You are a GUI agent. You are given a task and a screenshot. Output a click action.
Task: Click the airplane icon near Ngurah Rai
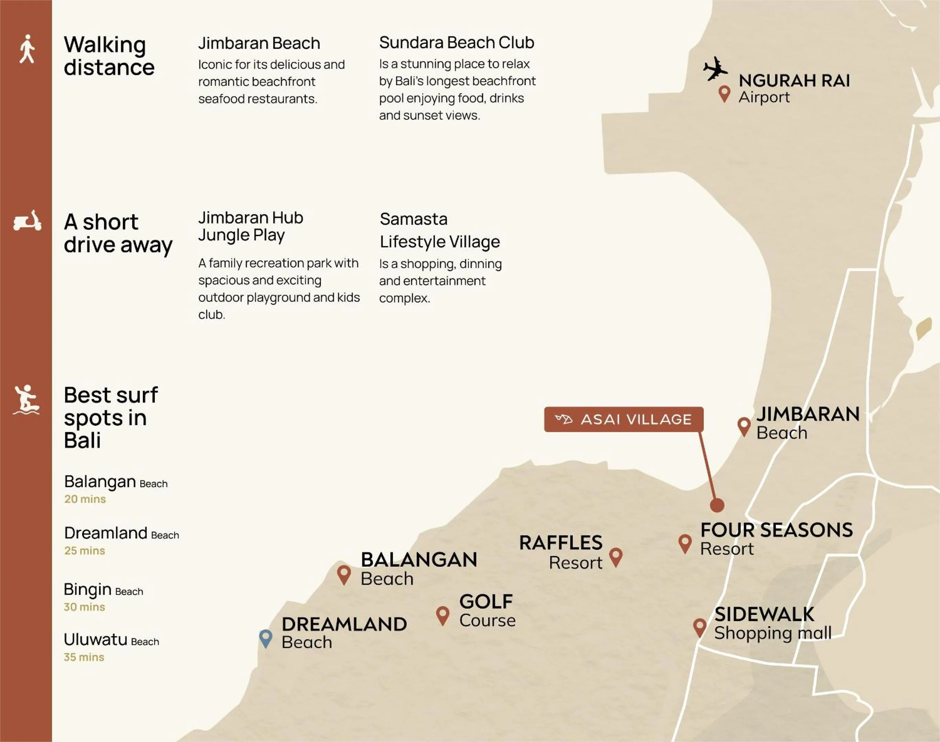point(715,69)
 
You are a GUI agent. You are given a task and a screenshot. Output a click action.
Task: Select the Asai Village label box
point(623,419)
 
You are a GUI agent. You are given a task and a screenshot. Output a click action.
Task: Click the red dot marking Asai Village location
point(717,505)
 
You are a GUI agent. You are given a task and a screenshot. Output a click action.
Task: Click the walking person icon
point(27,49)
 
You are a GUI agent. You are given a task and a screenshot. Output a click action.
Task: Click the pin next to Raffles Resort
point(616,556)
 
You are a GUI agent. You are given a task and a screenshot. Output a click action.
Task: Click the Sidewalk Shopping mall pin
point(700,627)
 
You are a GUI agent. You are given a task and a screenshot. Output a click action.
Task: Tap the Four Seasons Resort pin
point(685,543)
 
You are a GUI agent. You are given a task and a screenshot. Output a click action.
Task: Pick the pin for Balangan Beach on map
point(344,574)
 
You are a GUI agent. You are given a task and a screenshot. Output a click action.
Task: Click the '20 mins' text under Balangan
point(85,499)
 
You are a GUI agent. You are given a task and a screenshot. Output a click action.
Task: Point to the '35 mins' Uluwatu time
point(84,657)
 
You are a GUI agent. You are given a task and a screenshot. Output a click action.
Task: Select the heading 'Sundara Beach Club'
point(457,43)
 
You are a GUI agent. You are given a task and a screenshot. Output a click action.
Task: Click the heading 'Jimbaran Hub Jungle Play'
point(250,226)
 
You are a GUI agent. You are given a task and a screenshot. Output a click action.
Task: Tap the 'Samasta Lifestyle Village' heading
point(439,230)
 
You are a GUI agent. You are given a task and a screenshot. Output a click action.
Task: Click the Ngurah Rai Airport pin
point(724,93)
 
